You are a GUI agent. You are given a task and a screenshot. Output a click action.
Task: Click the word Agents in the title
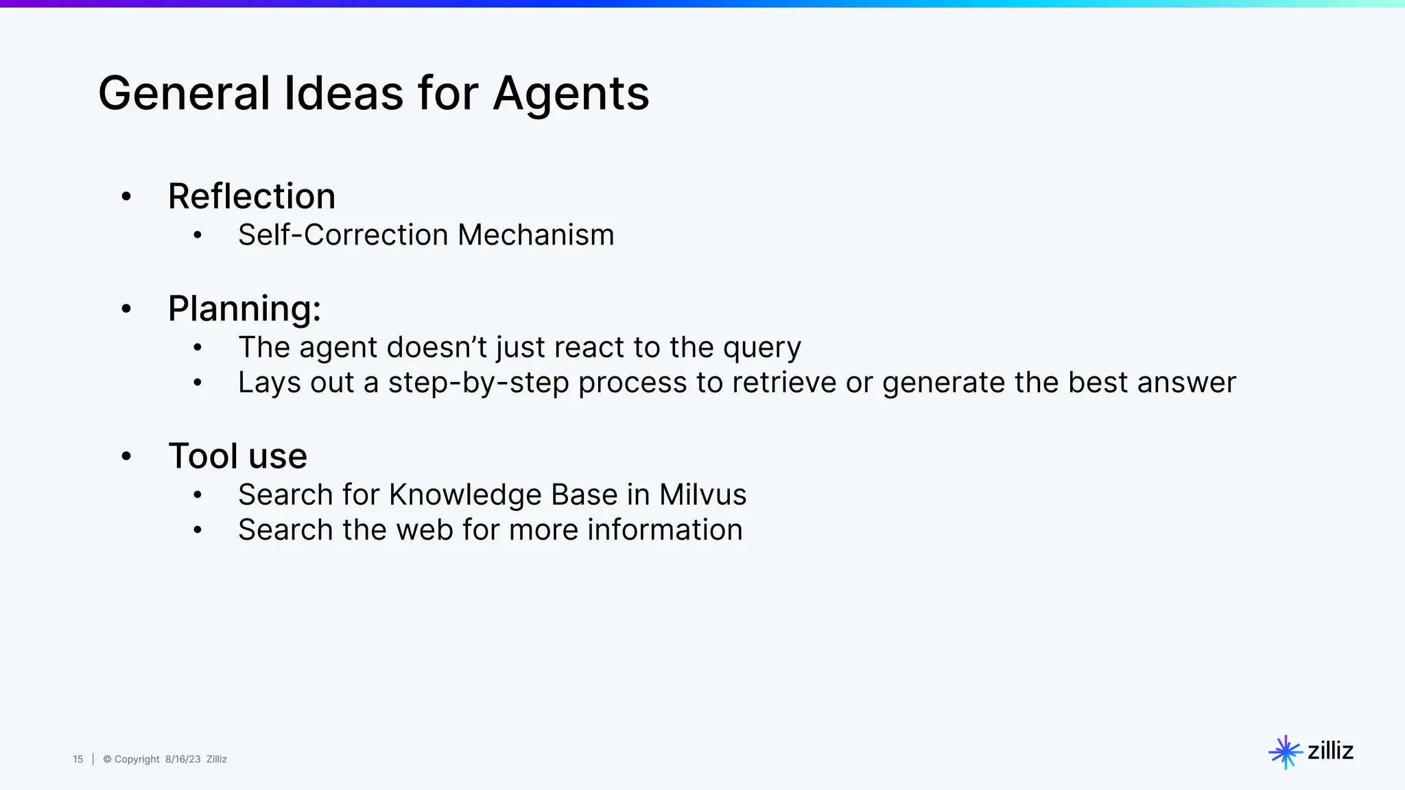(x=571, y=94)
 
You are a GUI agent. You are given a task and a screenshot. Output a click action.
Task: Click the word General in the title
(x=184, y=94)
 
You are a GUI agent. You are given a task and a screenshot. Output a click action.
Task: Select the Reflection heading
(x=252, y=197)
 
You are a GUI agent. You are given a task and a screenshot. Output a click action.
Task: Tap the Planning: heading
(x=244, y=309)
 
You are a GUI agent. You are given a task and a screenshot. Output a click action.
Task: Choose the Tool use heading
(x=237, y=456)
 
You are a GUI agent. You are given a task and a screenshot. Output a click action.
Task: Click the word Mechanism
(x=536, y=235)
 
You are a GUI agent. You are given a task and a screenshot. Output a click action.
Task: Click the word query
(x=761, y=348)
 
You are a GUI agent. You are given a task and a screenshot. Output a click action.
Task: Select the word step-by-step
(x=479, y=383)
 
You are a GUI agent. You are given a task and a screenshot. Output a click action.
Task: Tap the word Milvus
(x=702, y=495)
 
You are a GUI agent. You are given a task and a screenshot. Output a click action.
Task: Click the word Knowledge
(x=465, y=495)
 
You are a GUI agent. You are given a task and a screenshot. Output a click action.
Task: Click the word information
(x=665, y=530)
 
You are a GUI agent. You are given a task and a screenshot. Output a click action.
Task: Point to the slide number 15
(x=78, y=759)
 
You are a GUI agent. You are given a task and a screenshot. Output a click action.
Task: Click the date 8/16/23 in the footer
(x=182, y=759)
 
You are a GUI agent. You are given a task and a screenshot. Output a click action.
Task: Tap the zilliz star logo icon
(x=1285, y=752)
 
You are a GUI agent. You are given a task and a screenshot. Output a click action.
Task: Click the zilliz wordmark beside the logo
(x=1330, y=751)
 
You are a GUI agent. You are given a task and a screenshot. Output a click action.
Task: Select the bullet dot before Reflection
(x=126, y=197)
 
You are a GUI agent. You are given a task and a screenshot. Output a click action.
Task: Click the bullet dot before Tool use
(x=126, y=457)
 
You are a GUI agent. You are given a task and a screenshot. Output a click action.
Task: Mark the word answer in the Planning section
(x=1186, y=383)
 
